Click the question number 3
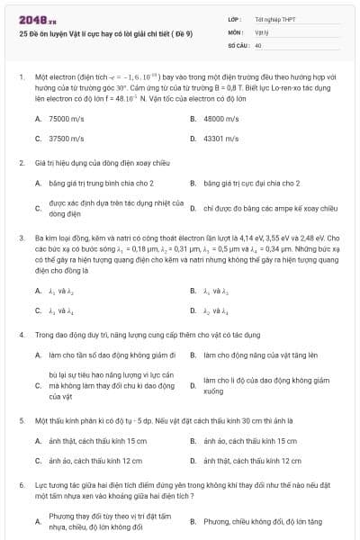pos(21,213)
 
